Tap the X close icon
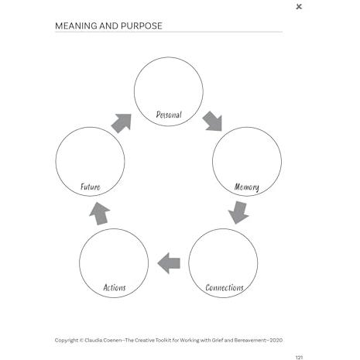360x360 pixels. click(x=299, y=7)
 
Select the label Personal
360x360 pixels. click(x=169, y=115)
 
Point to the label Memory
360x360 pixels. click(x=247, y=187)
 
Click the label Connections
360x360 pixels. click(x=225, y=287)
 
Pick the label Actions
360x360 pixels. click(x=115, y=287)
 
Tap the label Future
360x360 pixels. click(x=91, y=187)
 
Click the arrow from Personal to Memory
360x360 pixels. click(x=212, y=122)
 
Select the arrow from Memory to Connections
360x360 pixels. click(x=238, y=212)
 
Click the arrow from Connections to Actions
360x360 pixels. click(x=169, y=263)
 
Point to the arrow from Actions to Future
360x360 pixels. click(x=100, y=214)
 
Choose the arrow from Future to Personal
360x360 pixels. click(x=122, y=123)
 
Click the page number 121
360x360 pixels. click(x=299, y=358)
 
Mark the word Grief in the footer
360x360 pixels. click(x=218, y=340)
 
